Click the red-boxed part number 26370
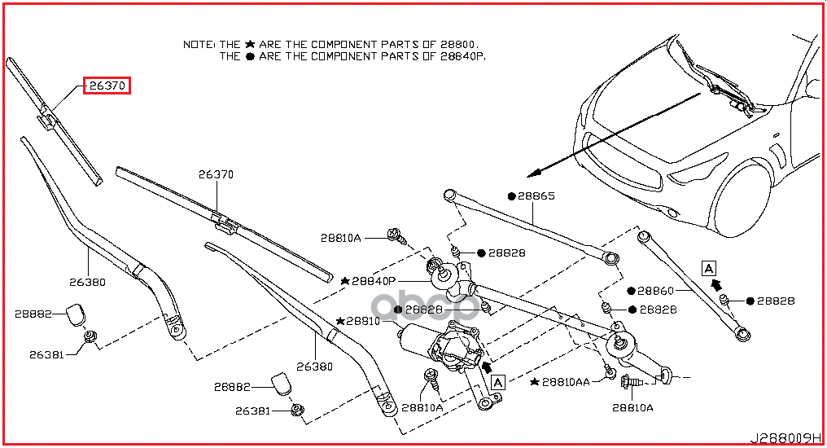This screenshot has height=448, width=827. pos(107,86)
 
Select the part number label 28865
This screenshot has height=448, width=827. pos(538,196)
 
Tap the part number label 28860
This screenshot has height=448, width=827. pos(655,290)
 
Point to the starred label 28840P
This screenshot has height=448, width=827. pos(373,280)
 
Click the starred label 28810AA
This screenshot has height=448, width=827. pos(568,381)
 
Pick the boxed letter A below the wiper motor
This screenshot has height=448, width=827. pos(498,380)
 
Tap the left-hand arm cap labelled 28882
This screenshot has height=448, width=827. pos(76,313)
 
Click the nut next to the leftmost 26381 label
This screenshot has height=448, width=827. pos(91,336)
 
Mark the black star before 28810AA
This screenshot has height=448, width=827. pos(534,381)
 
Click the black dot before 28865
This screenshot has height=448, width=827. pos(512,196)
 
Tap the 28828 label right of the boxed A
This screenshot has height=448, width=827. pos(775,301)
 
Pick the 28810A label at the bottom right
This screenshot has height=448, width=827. pos(632,406)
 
